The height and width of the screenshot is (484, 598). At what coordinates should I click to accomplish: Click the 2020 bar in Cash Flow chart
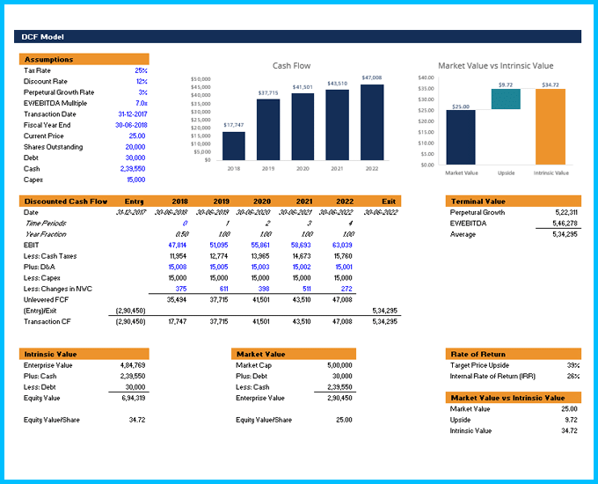coord(303,126)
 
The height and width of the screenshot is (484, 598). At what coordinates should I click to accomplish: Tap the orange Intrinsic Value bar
coord(551,127)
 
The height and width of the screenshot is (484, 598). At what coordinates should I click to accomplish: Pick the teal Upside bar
coord(506,99)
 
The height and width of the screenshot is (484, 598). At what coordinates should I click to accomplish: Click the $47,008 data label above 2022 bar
coord(371,77)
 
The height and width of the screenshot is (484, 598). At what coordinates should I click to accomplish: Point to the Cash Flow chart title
coord(291,66)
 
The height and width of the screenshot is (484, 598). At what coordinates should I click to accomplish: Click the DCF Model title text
coord(43,37)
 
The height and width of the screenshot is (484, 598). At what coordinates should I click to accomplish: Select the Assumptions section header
coord(49,59)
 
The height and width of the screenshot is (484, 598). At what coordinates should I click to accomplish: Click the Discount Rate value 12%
coord(141,81)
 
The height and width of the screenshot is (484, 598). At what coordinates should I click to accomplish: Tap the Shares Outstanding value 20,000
coord(135,147)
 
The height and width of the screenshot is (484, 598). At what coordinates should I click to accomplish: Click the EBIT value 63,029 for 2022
coord(341,245)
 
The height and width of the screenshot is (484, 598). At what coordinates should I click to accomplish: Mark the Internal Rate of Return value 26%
coord(572,376)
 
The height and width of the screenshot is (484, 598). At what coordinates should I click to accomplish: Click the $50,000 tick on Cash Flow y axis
coord(201,79)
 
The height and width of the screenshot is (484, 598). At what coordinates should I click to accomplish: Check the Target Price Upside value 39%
coord(572,364)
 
